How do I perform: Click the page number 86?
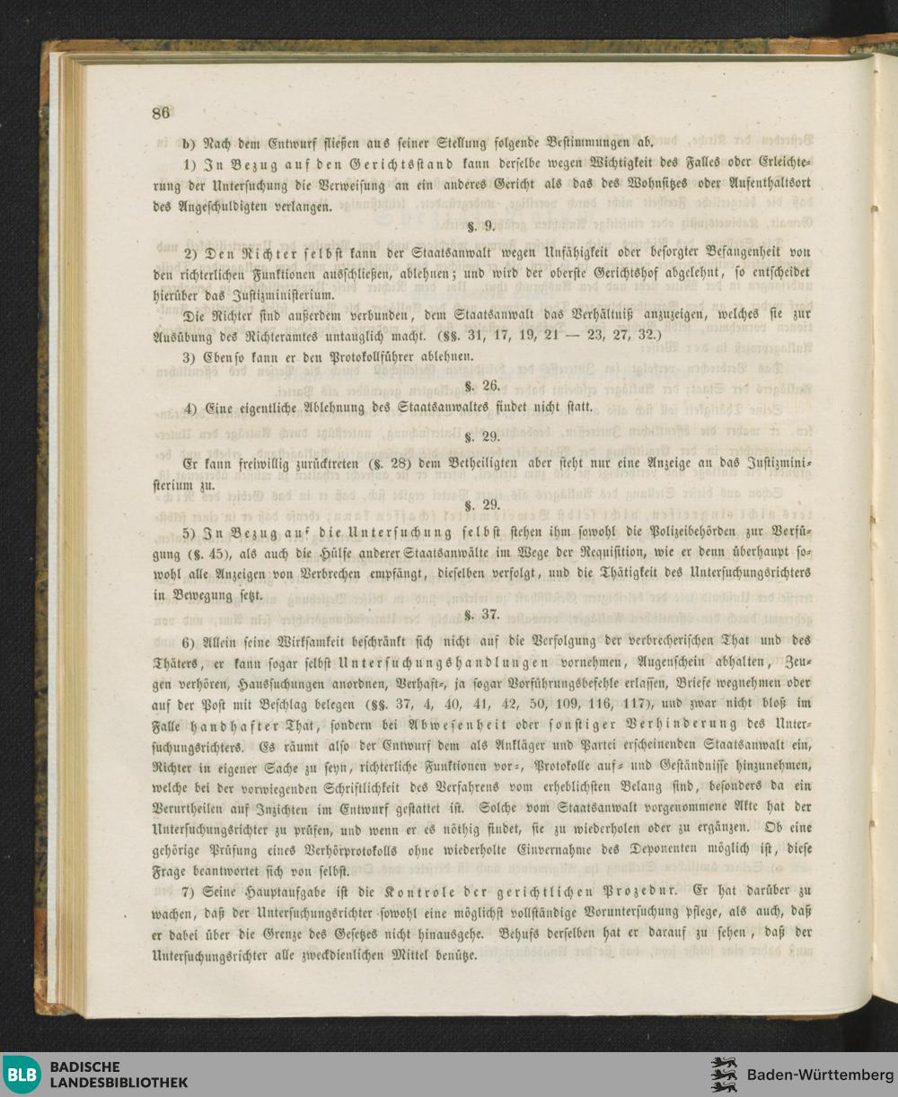tap(161, 113)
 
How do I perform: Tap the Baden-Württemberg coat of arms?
tap(724, 1075)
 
